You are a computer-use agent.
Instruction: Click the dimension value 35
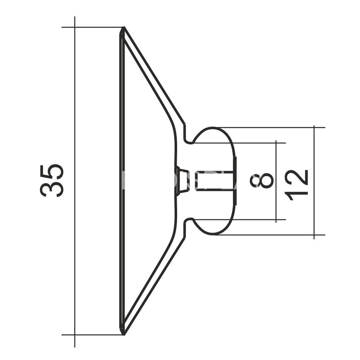52,180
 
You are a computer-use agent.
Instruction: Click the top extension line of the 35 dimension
94,27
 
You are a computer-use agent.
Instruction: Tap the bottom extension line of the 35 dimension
94,335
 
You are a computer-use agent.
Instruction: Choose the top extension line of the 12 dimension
270,127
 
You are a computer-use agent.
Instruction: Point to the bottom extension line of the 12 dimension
270,235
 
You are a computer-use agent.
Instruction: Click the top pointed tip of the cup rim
123,28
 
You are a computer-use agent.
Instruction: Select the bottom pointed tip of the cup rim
123,334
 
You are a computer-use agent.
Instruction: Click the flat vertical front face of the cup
121,180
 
